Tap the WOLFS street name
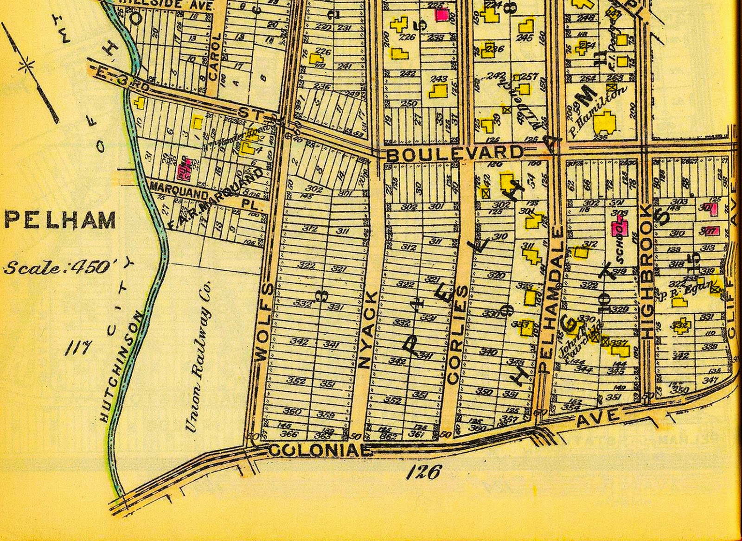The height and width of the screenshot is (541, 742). click(262, 323)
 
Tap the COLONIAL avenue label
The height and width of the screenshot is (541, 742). click(320, 450)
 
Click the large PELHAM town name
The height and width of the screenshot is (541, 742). click(60, 221)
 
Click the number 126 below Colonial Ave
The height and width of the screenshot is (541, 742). click(423, 472)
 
